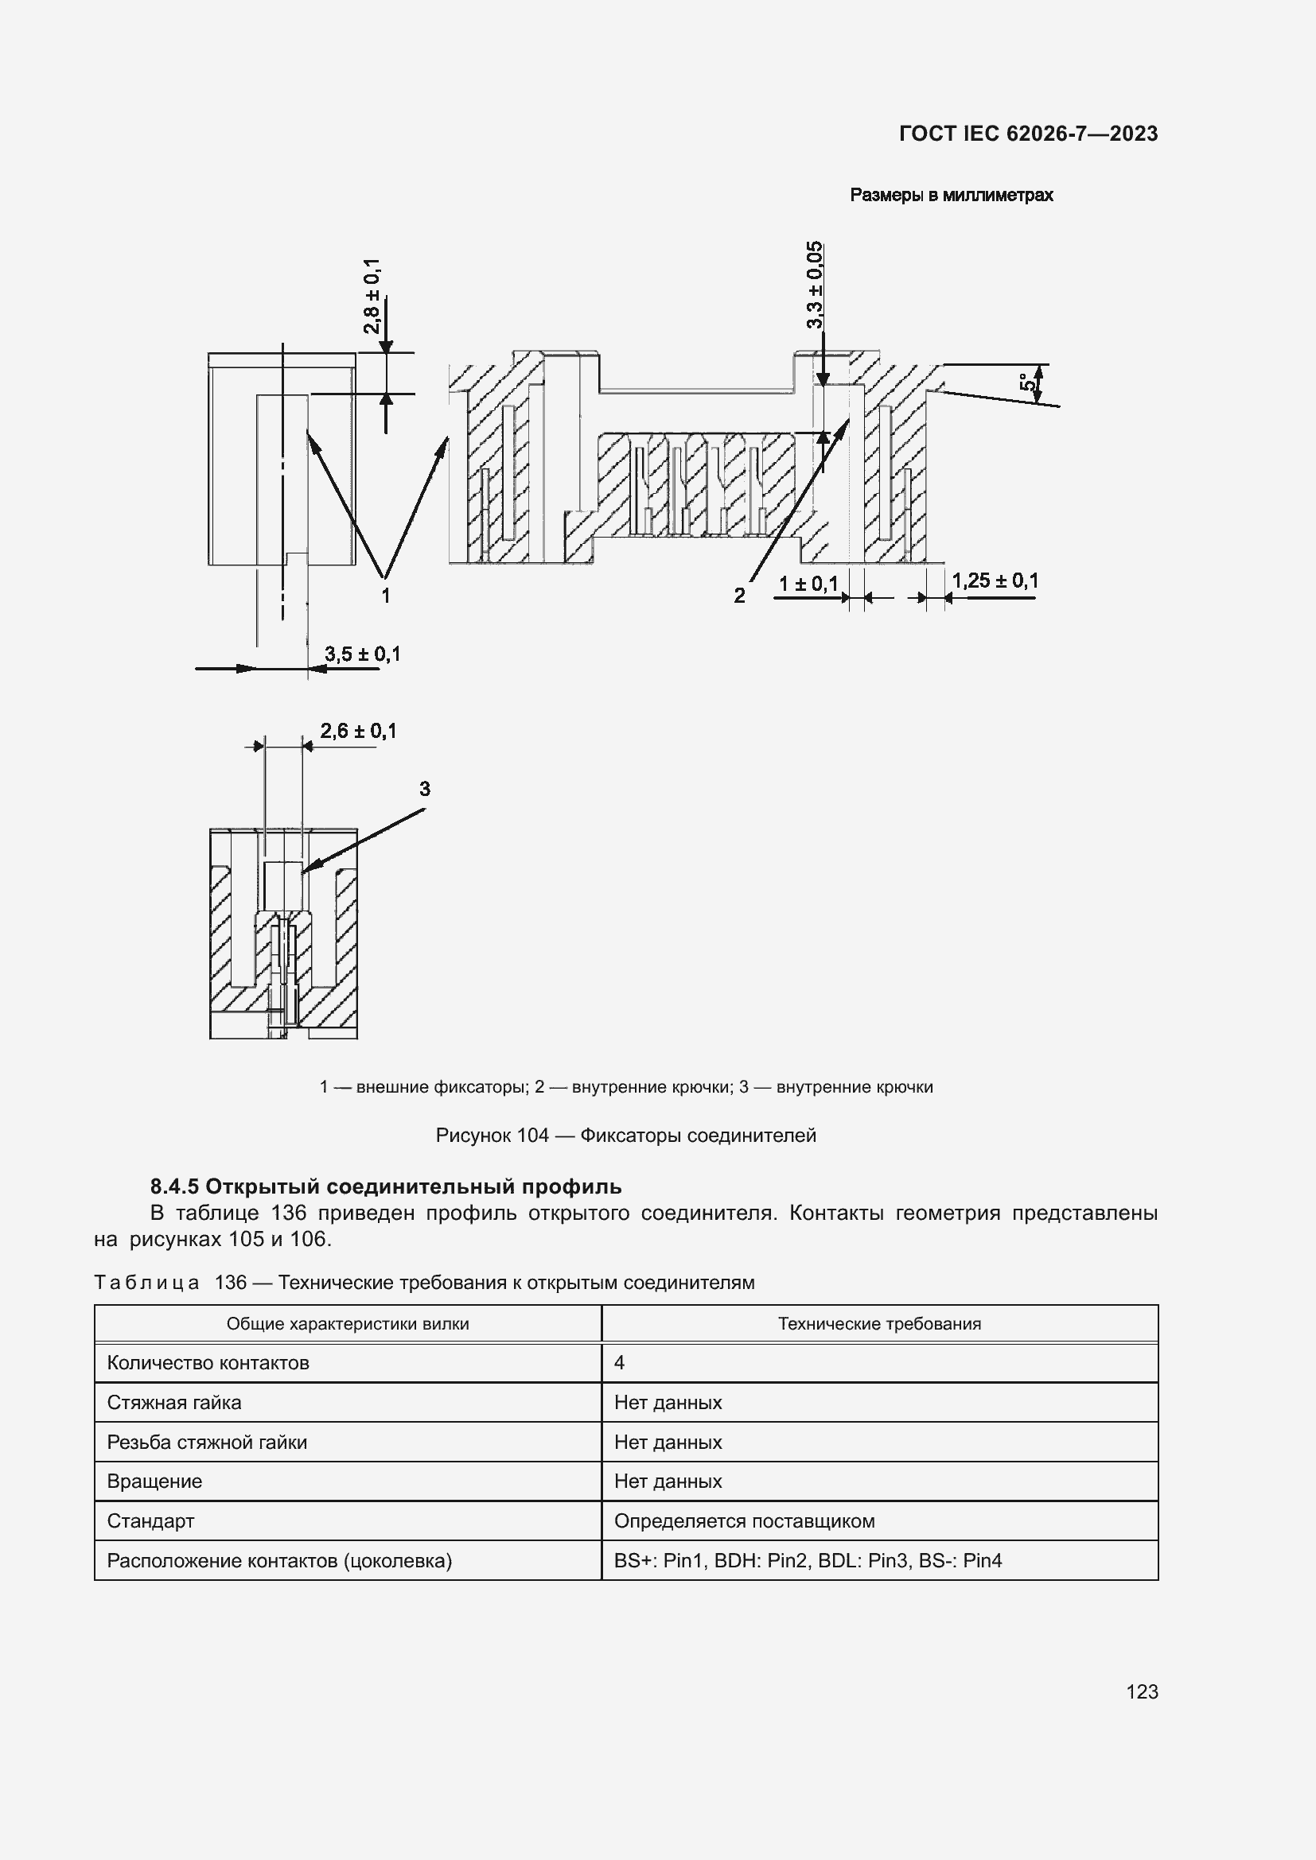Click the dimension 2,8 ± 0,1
pyautogui.click(x=372, y=296)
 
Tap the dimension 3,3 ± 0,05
pyautogui.click(x=815, y=285)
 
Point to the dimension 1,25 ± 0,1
pyautogui.click(x=995, y=581)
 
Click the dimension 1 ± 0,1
pyautogui.click(x=808, y=583)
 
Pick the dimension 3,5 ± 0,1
pyautogui.click(x=362, y=654)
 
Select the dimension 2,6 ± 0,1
pyautogui.click(x=358, y=731)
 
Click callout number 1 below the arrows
pyautogui.click(x=386, y=596)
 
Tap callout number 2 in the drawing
pyautogui.click(x=739, y=596)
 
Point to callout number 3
pyautogui.click(x=425, y=788)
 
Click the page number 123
pyautogui.click(x=1142, y=1691)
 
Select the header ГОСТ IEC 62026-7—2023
pyautogui.click(x=1027, y=134)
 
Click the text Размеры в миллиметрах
pyautogui.click(x=951, y=196)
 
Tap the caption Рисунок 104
pyautogui.click(x=492, y=1135)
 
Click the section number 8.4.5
pyautogui.click(x=174, y=1186)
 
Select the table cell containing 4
pyautogui.click(x=619, y=1363)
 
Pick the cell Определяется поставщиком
pyautogui.click(x=744, y=1520)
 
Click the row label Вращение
pyautogui.click(x=155, y=1481)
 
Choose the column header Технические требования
pyautogui.click(x=879, y=1324)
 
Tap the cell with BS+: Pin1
pyautogui.click(x=807, y=1560)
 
